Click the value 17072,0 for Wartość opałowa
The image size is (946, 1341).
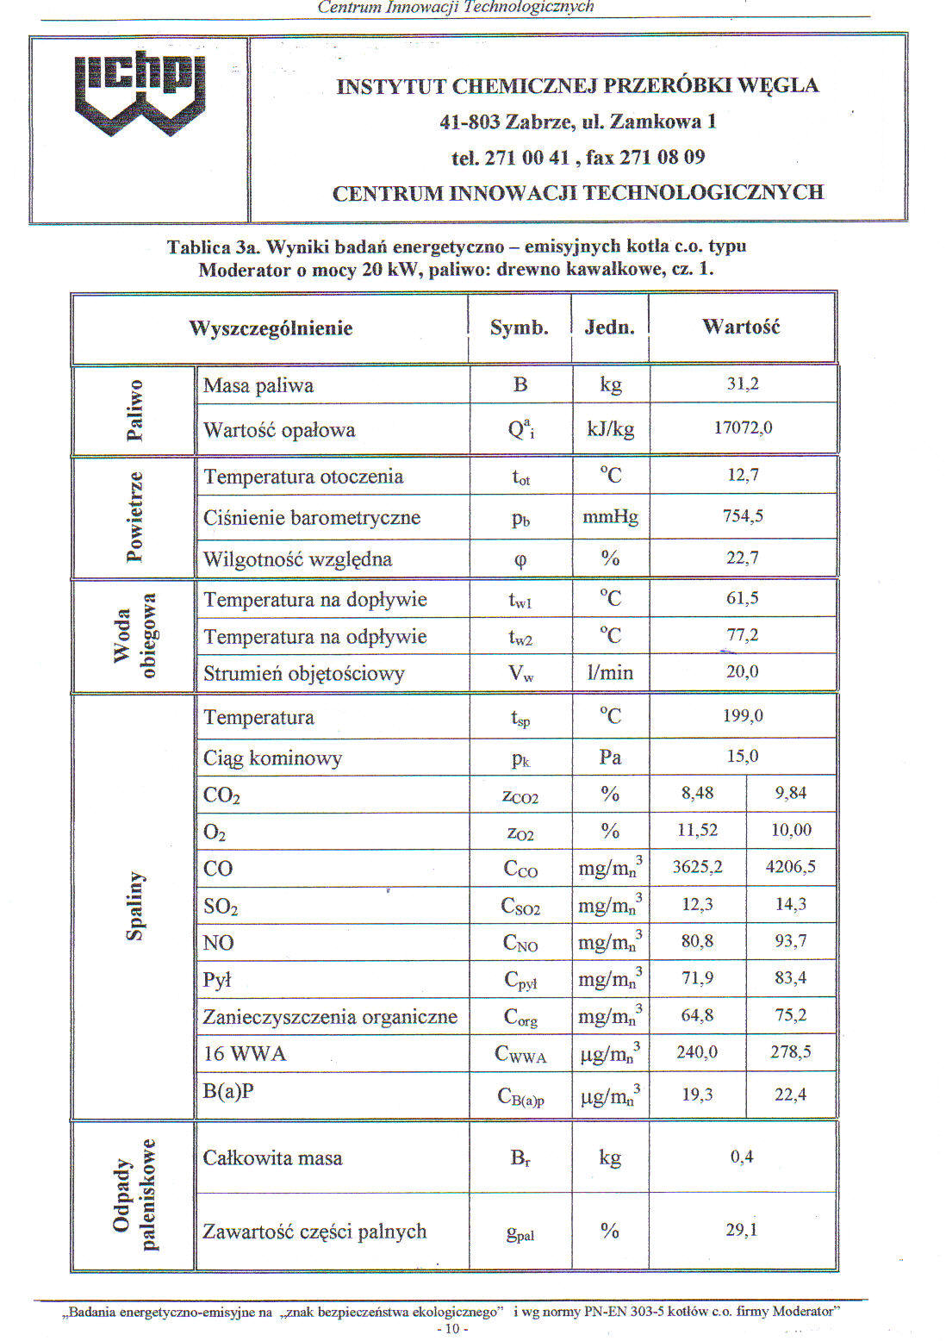tap(743, 427)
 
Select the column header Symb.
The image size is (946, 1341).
tap(519, 327)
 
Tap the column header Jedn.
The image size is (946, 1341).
tap(609, 327)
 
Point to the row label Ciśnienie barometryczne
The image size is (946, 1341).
tap(312, 518)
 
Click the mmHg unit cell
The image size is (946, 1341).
tap(610, 516)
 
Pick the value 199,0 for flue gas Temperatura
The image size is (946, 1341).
tap(743, 715)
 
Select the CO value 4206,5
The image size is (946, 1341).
tap(790, 867)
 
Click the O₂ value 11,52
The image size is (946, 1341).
tap(697, 830)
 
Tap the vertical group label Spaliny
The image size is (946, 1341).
tap(134, 905)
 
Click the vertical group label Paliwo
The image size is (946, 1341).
tap(134, 409)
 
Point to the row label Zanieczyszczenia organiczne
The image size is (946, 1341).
tap(330, 1017)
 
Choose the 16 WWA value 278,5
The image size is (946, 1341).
tap(790, 1052)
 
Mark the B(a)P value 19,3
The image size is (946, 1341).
tap(697, 1095)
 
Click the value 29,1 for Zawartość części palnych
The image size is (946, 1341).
tap(741, 1230)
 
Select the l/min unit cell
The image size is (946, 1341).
tap(610, 672)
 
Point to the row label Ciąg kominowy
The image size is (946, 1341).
tap(272, 758)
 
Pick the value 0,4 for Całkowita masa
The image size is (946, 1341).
tap(741, 1157)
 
